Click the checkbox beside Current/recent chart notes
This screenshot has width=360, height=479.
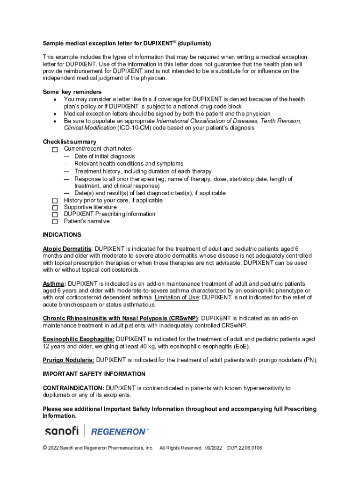[55, 149]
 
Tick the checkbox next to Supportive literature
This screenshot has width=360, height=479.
[55, 207]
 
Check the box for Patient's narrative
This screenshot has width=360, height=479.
[55, 221]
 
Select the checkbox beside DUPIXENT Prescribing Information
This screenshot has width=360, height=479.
[55, 214]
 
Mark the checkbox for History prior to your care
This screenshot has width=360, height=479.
[55, 201]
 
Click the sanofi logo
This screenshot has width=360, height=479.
[61, 431]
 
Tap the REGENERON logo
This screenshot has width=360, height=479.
[120, 431]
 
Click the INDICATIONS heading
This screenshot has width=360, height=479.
[62, 235]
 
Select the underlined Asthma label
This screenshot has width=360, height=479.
[54, 284]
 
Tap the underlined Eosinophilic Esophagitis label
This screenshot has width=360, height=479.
[79, 339]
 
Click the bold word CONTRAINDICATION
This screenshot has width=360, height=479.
[73, 388]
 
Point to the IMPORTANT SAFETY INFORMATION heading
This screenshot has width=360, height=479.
[94, 374]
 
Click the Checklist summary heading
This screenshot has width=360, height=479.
[70, 142]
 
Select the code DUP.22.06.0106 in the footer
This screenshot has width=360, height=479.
[245, 448]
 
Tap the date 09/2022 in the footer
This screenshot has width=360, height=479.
[213, 448]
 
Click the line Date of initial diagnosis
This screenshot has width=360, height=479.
[104, 156]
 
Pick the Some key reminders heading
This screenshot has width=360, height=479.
[72, 92]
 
